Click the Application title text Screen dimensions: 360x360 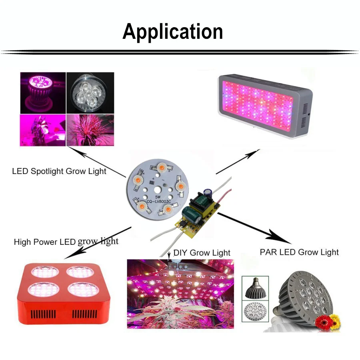173,31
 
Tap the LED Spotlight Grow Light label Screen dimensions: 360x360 59,171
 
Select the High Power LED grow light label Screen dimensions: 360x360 66,242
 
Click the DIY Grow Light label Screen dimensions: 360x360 202,252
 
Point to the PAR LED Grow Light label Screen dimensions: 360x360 299,252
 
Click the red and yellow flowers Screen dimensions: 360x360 327,321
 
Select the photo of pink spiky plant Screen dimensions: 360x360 90,130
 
